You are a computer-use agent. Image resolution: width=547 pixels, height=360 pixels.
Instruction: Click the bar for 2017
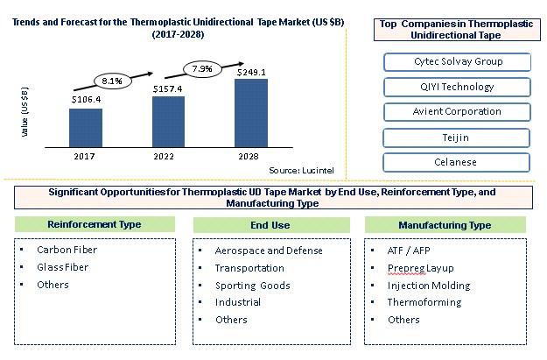86,127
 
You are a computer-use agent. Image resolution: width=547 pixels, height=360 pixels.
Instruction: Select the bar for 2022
168,121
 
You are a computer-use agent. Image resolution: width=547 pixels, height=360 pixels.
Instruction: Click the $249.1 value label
250,72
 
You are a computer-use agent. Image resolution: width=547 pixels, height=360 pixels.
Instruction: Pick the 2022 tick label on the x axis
168,156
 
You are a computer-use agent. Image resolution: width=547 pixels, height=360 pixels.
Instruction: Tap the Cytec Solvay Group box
456,62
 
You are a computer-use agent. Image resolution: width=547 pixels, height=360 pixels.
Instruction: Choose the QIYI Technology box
456,88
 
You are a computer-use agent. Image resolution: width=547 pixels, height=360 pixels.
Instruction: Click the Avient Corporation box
456,112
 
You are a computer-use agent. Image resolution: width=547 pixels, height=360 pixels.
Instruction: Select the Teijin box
456,138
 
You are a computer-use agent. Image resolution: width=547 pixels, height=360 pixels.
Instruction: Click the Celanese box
456,163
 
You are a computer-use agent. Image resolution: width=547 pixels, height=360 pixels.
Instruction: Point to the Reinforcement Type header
91,225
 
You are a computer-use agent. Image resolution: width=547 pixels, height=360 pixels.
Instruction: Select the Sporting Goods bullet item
252,286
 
